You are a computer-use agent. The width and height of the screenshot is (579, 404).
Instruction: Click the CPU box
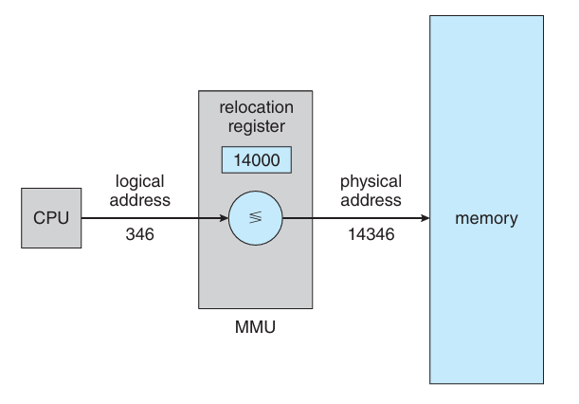tap(51, 218)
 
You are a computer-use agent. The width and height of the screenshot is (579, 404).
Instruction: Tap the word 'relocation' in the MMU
tap(256, 107)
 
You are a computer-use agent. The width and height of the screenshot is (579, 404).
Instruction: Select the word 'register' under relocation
tap(256, 127)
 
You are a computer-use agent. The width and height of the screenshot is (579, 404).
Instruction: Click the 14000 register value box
tap(257, 159)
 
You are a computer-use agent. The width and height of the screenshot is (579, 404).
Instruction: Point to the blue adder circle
tap(256, 218)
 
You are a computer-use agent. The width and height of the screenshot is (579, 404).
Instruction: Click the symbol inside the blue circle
tap(256, 217)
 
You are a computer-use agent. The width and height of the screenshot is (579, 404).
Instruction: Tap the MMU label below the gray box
tap(255, 327)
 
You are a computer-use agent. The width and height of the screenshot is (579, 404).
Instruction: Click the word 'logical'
tap(140, 182)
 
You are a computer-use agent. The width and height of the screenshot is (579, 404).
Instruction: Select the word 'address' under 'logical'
tap(140, 200)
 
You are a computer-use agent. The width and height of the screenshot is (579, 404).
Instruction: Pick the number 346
tap(140, 234)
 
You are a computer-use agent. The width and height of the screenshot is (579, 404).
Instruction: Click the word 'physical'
tap(371, 182)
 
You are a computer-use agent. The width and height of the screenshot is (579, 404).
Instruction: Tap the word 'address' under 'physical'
tap(371, 200)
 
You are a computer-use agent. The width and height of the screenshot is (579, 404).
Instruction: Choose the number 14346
tap(371, 234)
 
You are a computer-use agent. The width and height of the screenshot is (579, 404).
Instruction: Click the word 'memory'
tap(487, 218)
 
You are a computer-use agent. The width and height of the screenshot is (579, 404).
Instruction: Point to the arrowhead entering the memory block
tap(425, 218)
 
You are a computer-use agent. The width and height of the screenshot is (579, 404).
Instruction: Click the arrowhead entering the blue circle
tap(225, 218)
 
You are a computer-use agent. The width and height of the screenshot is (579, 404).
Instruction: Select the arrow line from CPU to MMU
tap(155, 218)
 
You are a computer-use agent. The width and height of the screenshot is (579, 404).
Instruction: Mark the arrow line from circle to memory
tap(356, 218)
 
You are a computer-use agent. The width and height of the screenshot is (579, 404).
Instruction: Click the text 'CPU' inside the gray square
tap(51, 218)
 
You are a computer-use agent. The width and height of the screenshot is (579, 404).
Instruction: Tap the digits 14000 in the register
tap(257, 160)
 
